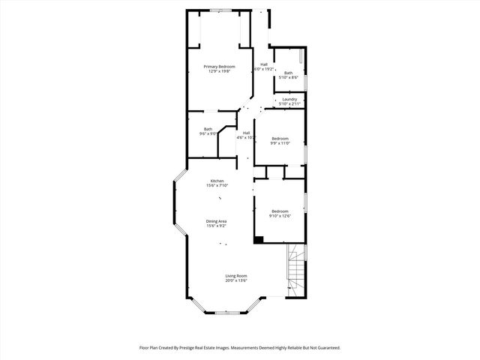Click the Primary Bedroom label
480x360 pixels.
coord(220,67)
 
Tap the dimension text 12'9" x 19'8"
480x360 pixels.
coord(220,72)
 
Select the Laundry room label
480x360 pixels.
coord(289,99)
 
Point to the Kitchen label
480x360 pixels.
coord(217,181)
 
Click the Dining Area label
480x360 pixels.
coord(217,220)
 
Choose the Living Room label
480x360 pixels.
coord(236,275)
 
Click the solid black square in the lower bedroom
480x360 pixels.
coord(259,240)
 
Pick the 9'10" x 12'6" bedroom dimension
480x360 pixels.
coord(280,217)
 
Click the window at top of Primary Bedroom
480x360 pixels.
coord(220,10)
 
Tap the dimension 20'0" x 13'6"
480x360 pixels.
coord(236,280)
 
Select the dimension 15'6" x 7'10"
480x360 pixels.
coord(217,185)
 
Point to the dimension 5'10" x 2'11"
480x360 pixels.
coord(289,103)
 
